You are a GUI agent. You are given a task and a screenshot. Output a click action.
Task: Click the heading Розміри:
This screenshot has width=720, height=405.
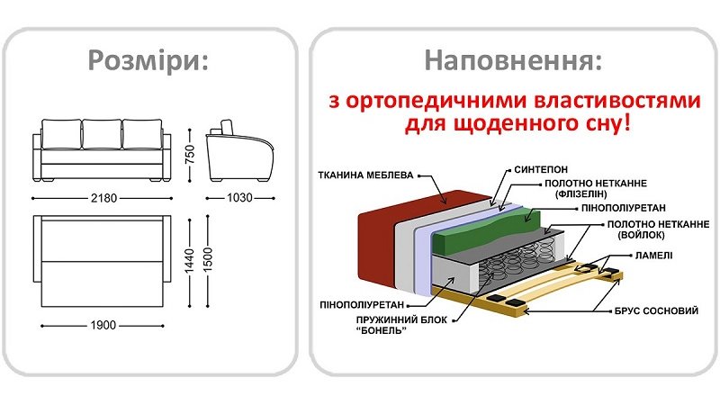pyautogui.click(x=148, y=61)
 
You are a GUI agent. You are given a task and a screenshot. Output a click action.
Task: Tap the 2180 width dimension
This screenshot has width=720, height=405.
pyautogui.click(x=101, y=197)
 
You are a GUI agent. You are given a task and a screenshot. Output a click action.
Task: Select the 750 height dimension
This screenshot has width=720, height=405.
pyautogui.click(x=191, y=152)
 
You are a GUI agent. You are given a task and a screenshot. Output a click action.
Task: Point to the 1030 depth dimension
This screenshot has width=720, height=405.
pyautogui.click(x=239, y=197)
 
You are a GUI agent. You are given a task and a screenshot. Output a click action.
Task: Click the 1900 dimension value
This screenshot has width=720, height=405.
pyautogui.click(x=101, y=325)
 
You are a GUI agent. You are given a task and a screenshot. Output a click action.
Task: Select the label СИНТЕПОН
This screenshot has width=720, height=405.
pyautogui.click(x=540, y=168)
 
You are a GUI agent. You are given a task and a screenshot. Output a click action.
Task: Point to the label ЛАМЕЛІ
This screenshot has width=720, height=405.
pyautogui.click(x=651, y=256)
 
